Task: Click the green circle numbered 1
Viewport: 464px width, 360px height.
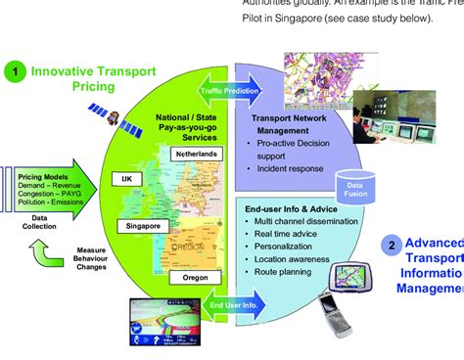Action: (14, 71)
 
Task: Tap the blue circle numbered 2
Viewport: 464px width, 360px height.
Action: (392, 247)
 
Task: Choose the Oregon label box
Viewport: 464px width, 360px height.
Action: (196, 278)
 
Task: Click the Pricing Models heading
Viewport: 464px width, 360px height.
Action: (41, 176)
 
